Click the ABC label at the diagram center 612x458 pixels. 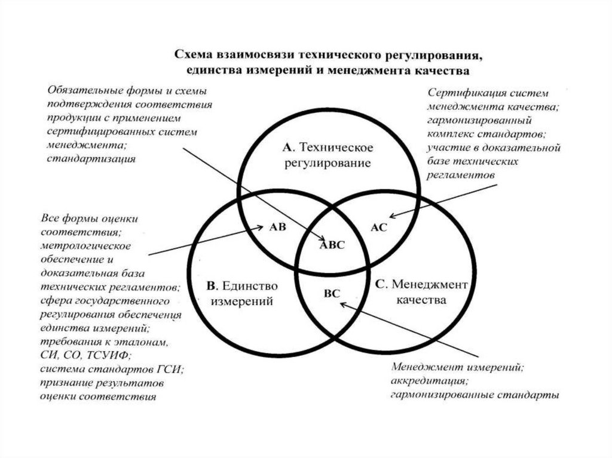[x=333, y=244]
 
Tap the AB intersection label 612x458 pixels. [x=279, y=227]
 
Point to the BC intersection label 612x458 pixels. [x=331, y=294]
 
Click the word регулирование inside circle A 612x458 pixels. [x=328, y=162]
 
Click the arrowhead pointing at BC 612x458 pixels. [x=341, y=303]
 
